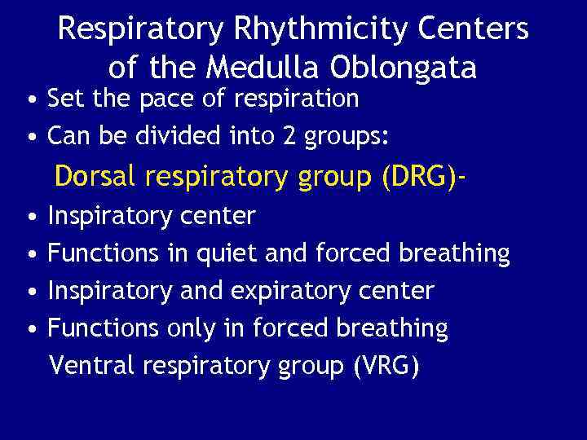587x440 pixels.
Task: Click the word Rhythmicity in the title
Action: point(306,31)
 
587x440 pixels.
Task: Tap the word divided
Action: point(196,137)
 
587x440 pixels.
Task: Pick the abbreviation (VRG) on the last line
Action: point(386,366)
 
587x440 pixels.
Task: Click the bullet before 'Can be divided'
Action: point(30,138)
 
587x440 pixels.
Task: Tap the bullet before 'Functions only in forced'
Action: point(30,329)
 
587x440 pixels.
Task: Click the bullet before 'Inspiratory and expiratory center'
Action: point(30,292)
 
